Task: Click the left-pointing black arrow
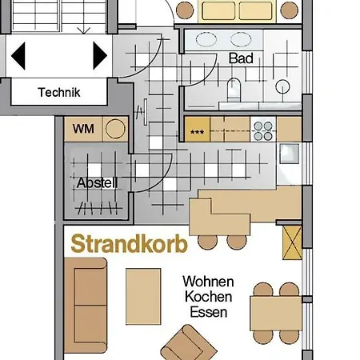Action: pos(18,55)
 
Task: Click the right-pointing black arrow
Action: pos(100,55)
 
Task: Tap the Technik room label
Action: pos(59,92)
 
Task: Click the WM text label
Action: pos(82,128)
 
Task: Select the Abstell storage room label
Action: pos(97,182)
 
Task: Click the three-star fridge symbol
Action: pos(197,130)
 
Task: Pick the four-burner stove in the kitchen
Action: pos(263,128)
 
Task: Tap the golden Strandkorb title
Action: pos(129,245)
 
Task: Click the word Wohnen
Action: pos(208,282)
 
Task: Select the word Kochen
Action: pos(208,297)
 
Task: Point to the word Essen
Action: pos(208,312)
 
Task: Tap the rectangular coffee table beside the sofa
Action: pos(143,295)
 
